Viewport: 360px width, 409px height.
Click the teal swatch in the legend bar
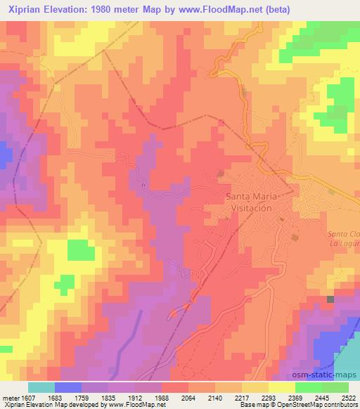coord(41,387)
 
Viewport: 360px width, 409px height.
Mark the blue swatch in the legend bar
coord(67,387)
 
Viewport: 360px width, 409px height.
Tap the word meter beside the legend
coord(10,397)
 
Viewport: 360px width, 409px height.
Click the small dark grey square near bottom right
coord(330,300)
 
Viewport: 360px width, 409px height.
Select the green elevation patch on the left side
coord(81,249)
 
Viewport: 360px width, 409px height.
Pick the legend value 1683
coord(65,397)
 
